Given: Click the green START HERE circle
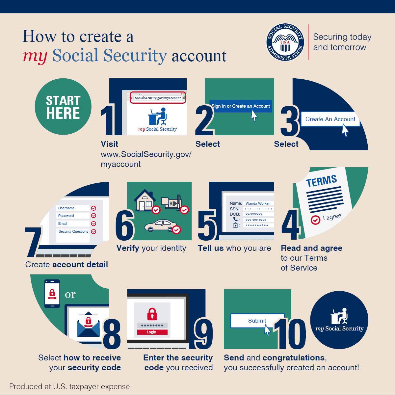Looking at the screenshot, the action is click(x=63, y=107).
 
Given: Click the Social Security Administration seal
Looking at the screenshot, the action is click(x=285, y=42).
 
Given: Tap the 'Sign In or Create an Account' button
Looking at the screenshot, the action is click(x=240, y=106).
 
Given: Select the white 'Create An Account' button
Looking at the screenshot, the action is click(x=330, y=119).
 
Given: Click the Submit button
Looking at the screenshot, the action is click(x=257, y=321).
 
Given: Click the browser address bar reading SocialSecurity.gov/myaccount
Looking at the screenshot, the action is click(x=158, y=98).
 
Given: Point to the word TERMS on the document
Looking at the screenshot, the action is click(x=321, y=181).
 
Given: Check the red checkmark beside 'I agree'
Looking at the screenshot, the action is click(x=315, y=220).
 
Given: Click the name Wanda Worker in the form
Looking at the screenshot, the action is click(x=258, y=203).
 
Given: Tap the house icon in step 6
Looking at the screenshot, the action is click(x=145, y=200).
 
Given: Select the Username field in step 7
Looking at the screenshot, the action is click(x=73, y=208).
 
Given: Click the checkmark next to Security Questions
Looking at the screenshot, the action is click(x=93, y=232).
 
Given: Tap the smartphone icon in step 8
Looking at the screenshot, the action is click(x=52, y=294).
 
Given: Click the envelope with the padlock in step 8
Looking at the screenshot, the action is click(x=88, y=324).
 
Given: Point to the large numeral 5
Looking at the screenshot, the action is click(x=207, y=225).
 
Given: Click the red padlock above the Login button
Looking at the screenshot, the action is click(x=152, y=314).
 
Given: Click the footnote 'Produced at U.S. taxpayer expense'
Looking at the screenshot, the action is click(x=69, y=386).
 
